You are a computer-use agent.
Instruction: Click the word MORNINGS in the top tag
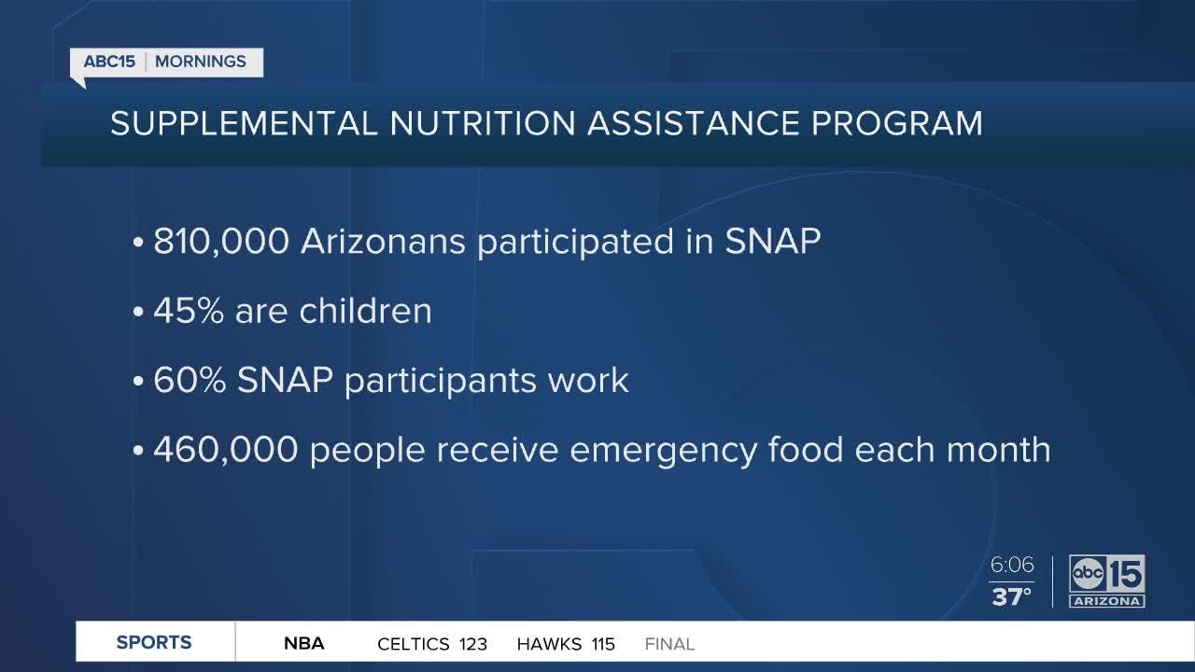click(201, 62)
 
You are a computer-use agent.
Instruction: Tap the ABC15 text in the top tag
click(109, 62)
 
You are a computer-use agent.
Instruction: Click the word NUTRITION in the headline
click(483, 123)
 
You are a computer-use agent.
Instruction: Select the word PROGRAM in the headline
click(897, 123)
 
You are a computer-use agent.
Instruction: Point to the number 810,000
click(221, 242)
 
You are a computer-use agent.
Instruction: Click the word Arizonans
click(383, 242)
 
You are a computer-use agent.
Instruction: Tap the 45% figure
click(189, 311)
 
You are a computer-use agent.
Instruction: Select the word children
click(365, 311)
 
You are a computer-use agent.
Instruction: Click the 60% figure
click(190, 380)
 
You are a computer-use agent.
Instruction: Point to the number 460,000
click(226, 449)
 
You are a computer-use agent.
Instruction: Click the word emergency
click(664, 451)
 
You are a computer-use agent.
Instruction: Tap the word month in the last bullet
click(998, 449)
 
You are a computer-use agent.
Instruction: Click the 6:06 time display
click(1012, 565)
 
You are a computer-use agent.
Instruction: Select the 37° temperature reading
click(1011, 596)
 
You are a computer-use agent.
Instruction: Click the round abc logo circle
click(1088, 573)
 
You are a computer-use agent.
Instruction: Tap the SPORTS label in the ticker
click(154, 643)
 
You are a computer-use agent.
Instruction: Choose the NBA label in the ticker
click(304, 643)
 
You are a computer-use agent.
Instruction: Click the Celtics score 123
click(473, 644)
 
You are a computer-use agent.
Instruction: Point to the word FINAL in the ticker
click(669, 644)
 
